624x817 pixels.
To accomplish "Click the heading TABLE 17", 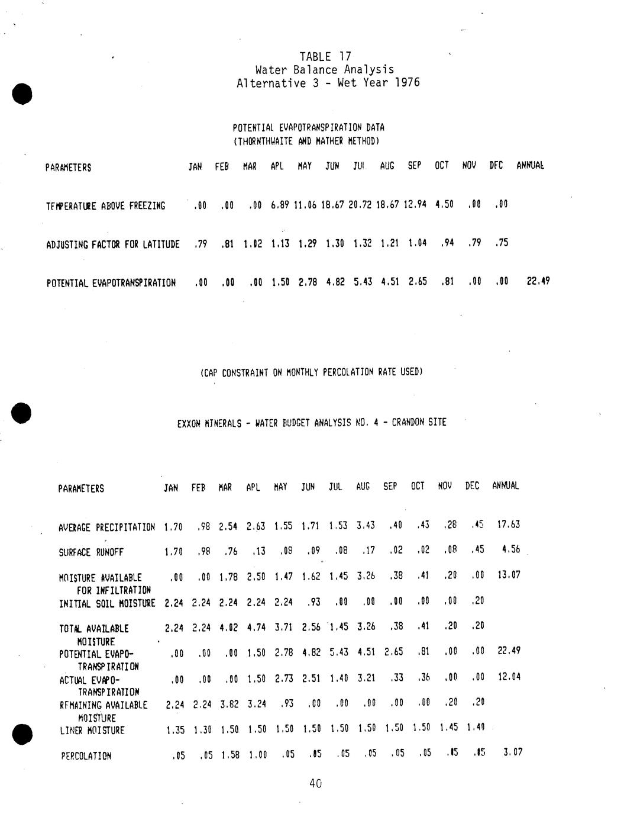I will coord(325,57).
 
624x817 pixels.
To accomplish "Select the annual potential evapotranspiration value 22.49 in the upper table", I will coord(538,281).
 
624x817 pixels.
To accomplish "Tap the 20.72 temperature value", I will coord(361,205).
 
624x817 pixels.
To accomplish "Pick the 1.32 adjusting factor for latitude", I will coord(362,243).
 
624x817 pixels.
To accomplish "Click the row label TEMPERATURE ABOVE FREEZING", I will coord(105,206).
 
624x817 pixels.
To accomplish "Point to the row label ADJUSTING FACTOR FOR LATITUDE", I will coord(112,245).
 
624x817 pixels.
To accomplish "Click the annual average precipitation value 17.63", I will coord(508,525).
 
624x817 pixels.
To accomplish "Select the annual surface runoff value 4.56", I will coord(510,549).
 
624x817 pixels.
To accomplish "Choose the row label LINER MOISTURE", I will coord(92,731).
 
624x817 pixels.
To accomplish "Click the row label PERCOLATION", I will coord(86,756).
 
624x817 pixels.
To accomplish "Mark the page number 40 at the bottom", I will coord(315,784).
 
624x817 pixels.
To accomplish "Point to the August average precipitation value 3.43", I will coord(366,526).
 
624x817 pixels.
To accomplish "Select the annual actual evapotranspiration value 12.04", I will coord(509,677).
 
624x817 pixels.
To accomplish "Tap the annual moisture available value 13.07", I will coord(509,575).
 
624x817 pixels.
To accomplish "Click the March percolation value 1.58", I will coord(229,755).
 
